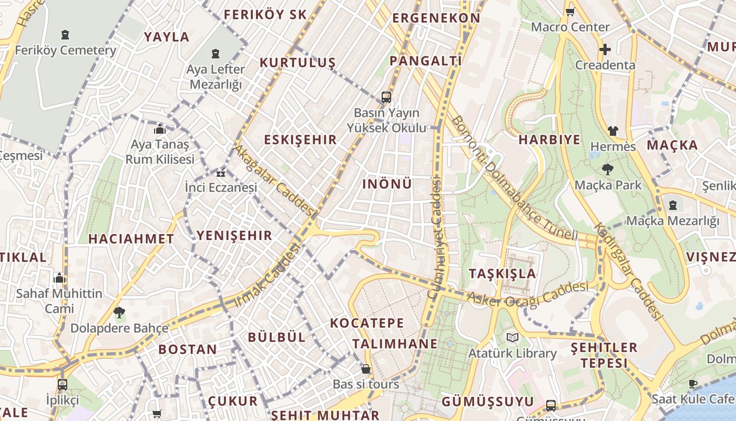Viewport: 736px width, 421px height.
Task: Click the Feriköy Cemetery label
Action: click(x=65, y=51)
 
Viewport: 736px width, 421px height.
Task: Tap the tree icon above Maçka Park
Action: click(x=608, y=169)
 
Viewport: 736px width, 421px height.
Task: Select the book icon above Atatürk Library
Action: click(x=512, y=337)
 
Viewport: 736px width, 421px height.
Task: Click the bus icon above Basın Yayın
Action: click(x=386, y=97)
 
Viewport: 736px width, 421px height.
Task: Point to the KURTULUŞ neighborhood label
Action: click(x=298, y=63)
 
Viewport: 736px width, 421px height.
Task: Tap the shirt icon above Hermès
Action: click(x=612, y=131)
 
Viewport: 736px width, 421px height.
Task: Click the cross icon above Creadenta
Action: click(x=605, y=50)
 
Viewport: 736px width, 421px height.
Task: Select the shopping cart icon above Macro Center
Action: click(x=570, y=12)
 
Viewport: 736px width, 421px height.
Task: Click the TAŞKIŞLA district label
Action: click(x=502, y=274)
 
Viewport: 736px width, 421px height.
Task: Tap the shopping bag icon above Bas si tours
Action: click(x=366, y=369)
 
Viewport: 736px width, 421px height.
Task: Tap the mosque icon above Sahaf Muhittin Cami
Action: click(x=59, y=277)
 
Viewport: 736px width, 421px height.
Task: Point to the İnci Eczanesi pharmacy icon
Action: click(x=221, y=172)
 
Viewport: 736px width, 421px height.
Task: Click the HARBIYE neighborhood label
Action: click(x=549, y=140)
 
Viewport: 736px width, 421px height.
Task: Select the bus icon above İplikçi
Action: click(x=63, y=384)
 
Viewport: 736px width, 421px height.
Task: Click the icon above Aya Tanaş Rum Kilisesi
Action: click(x=160, y=129)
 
